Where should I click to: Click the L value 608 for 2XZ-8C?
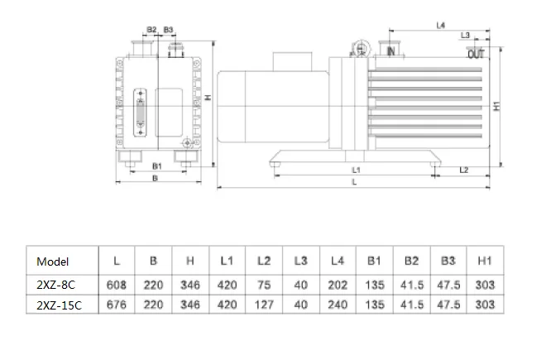tap(117, 285)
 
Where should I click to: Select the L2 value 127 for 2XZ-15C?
tap(264, 305)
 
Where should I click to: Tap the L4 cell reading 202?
tap(338, 285)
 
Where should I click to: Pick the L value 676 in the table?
tap(117, 305)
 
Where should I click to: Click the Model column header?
tap(53, 262)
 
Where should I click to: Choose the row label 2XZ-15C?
tap(60, 305)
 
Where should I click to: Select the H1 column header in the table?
tap(485, 261)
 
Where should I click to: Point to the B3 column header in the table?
tap(448, 261)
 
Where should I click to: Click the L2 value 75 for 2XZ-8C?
tap(264, 285)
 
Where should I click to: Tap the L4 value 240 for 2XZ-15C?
tap(338, 305)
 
